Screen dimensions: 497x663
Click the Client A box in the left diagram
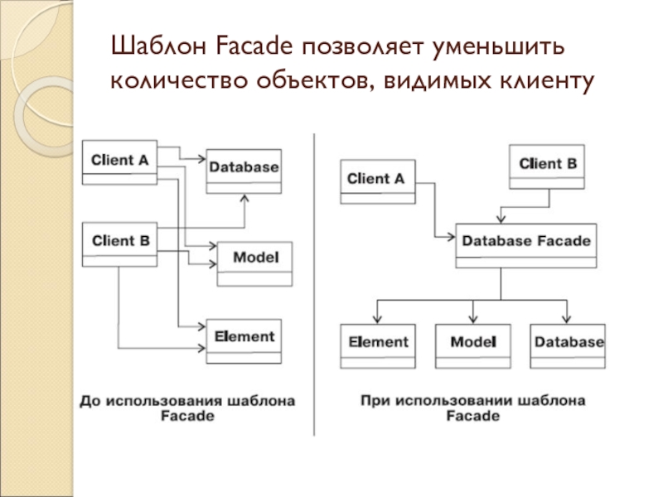click(119, 161)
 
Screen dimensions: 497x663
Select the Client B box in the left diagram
click(119, 242)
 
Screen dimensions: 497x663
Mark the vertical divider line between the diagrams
click(313, 282)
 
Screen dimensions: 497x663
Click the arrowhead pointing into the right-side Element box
click(378, 319)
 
